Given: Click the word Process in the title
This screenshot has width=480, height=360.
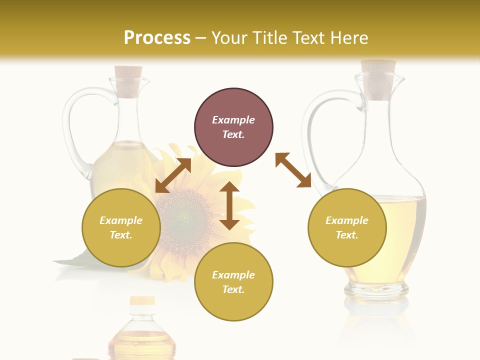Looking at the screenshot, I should (157, 38).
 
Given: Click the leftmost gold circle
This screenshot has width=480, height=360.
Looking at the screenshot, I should (121, 227).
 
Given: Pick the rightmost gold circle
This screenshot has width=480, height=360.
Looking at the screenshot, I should (347, 227).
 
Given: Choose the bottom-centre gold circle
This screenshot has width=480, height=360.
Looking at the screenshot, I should (233, 282).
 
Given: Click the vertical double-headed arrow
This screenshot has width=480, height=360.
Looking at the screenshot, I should (229, 205).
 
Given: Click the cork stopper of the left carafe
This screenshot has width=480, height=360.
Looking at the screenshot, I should (128, 80).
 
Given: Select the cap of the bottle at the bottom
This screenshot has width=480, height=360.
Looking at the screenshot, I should (142, 301).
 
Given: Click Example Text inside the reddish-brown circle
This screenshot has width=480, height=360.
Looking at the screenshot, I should (233, 127).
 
